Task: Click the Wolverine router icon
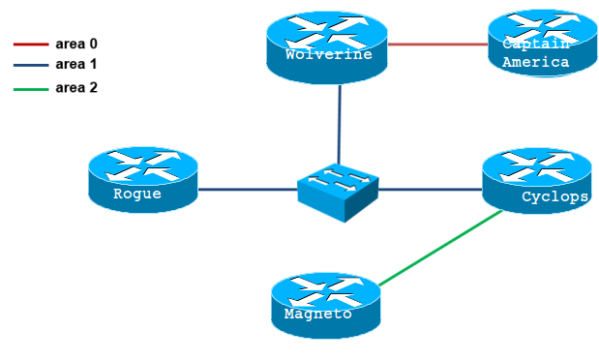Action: pyautogui.click(x=327, y=42)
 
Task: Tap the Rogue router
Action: pyautogui.click(x=141, y=179)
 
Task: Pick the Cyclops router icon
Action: pyautogui.click(x=537, y=180)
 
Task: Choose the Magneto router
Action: pyautogui.click(x=326, y=304)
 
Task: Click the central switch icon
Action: pyautogui.click(x=337, y=190)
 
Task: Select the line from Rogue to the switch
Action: pyautogui.click(x=247, y=190)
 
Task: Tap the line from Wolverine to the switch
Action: pyautogui.click(x=339, y=121)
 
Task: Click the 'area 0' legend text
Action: pyautogui.click(x=76, y=44)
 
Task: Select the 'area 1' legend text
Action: pyautogui.click(x=76, y=65)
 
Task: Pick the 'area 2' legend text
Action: pyautogui.click(x=76, y=88)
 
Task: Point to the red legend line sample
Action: pyautogui.click(x=30, y=45)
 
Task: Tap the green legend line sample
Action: pyautogui.click(x=30, y=89)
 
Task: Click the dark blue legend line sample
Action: pyautogui.click(x=30, y=66)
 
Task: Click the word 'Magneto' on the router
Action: pyautogui.click(x=317, y=315)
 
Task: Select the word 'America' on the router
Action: pyautogui.click(x=535, y=62)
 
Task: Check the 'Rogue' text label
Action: pyautogui.click(x=136, y=194)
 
